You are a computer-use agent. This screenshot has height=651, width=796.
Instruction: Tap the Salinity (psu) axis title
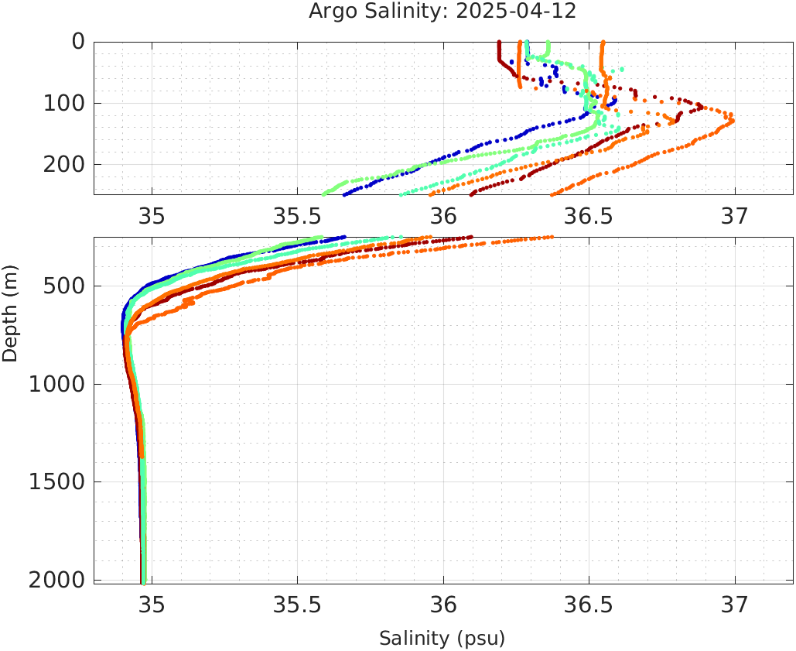click(x=442, y=639)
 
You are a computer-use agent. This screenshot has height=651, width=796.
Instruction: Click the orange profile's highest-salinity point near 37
click(x=732, y=121)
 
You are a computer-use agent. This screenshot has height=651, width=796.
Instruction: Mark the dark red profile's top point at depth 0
click(x=499, y=43)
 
